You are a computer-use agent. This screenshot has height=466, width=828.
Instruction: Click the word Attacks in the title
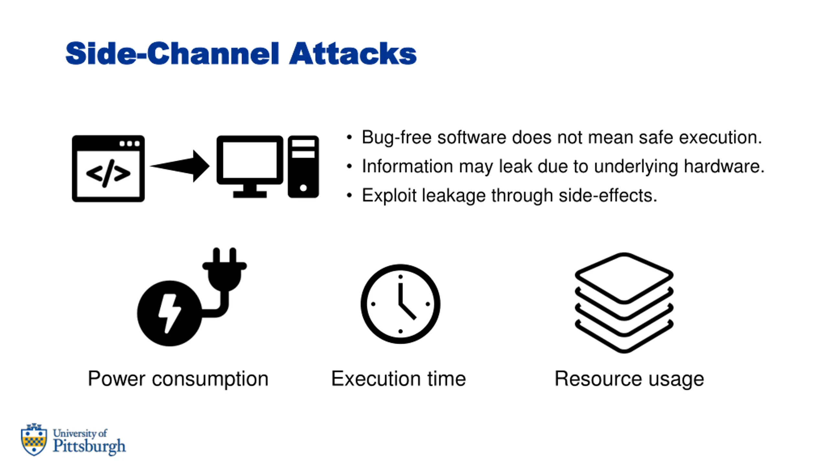click(x=353, y=53)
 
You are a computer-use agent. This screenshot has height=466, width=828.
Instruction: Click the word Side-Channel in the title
click(x=172, y=53)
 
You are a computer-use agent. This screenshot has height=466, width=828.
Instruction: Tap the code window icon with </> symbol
click(x=108, y=169)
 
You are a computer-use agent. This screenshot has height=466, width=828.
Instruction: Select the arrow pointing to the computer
click(x=180, y=166)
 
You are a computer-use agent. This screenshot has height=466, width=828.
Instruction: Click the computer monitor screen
click(x=250, y=160)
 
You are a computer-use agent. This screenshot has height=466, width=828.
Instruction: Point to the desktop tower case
click(x=303, y=167)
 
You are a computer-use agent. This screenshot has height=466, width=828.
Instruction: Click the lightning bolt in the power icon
click(x=169, y=313)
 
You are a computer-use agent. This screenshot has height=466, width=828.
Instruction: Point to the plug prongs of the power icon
click(x=224, y=256)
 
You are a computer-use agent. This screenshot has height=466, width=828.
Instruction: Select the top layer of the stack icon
click(x=624, y=278)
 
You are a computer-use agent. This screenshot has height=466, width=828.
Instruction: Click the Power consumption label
click(x=178, y=379)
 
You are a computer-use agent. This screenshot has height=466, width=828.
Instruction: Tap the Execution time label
click(x=398, y=379)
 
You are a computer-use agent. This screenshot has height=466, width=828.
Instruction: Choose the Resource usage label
click(x=629, y=379)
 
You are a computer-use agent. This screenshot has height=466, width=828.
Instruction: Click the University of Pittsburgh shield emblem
click(x=34, y=439)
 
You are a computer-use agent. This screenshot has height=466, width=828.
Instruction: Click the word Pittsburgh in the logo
click(x=89, y=446)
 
